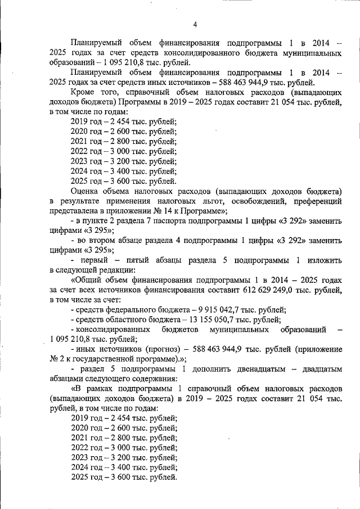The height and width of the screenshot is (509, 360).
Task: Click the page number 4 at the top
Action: [195, 24]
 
